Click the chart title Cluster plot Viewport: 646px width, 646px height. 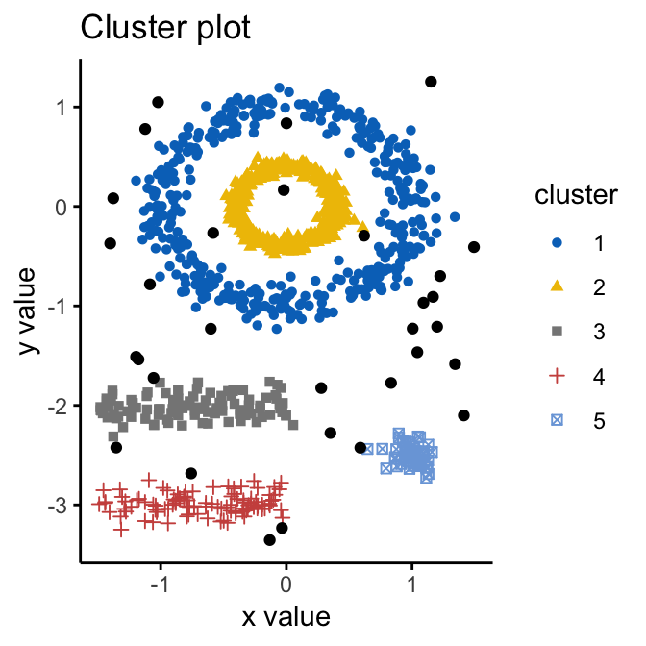pos(165,28)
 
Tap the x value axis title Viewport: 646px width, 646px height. pos(286,616)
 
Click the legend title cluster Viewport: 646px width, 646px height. pos(576,196)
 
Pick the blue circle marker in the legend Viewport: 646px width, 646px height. pos(557,244)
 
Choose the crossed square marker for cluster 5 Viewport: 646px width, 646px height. pos(557,421)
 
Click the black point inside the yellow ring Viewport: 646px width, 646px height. pos(284,190)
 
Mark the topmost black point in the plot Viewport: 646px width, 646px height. pos(431,82)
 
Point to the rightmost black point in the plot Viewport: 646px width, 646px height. pos(474,247)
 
